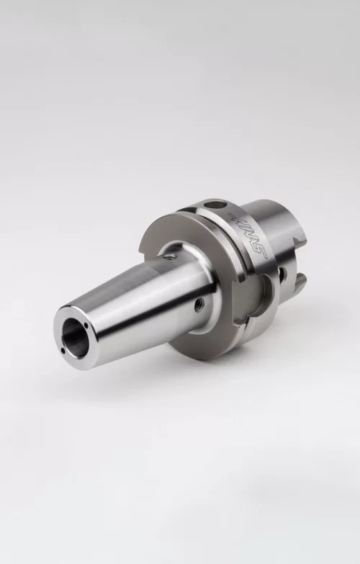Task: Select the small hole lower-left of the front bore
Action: click(x=64, y=352)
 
